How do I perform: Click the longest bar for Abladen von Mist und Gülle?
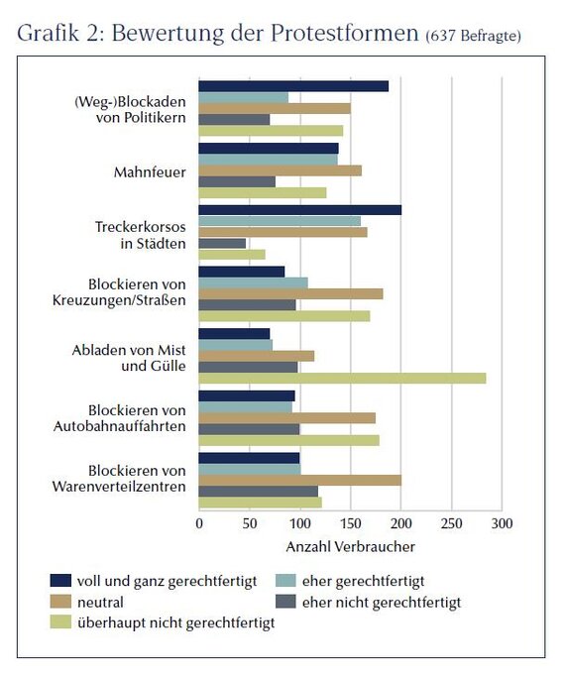342,379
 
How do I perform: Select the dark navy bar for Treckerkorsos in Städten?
300,210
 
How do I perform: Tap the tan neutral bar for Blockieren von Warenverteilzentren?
300,480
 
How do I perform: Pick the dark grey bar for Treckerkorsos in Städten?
222,243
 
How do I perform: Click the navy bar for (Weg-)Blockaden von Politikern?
293,86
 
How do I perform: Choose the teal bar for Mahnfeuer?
269,160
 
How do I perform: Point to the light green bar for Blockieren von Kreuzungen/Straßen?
284,316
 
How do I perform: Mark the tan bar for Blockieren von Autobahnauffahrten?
287,418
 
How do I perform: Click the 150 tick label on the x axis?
351,523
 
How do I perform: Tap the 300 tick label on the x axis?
502,523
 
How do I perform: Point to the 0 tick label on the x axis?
199,523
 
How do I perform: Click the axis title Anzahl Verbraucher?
351,547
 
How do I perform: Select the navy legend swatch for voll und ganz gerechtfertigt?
60,581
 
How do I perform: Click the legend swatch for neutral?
60,602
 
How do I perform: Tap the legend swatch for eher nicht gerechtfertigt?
285,602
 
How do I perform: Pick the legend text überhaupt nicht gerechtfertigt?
175,622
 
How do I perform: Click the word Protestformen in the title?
344,33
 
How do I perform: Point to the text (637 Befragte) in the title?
473,36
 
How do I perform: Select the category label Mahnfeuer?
150,172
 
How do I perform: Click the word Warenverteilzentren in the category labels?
119,487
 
